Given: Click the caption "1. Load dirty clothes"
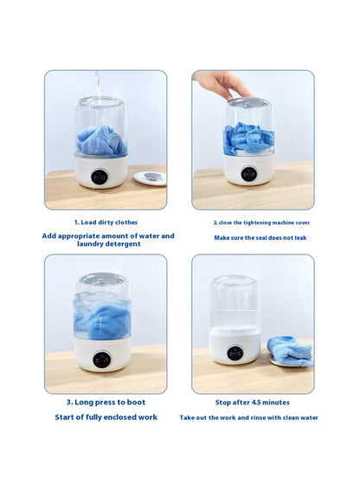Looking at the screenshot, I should [x=105, y=223].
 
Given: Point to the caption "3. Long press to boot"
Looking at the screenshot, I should [x=106, y=402].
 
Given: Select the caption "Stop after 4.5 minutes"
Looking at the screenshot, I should [x=252, y=402].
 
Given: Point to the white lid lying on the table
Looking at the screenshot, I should [x=149, y=178].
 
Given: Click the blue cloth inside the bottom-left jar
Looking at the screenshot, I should [x=102, y=316].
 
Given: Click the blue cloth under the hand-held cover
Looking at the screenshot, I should [x=247, y=139].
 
